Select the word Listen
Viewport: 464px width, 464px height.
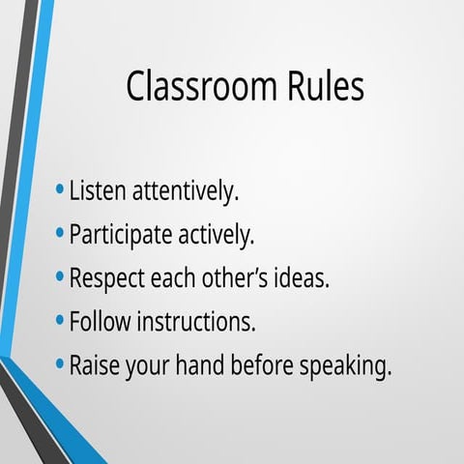(97, 190)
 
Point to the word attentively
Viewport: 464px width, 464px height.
(183, 191)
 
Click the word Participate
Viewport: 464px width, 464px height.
(120, 235)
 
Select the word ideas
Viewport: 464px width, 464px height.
(303, 278)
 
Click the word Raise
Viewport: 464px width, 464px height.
(95, 366)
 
